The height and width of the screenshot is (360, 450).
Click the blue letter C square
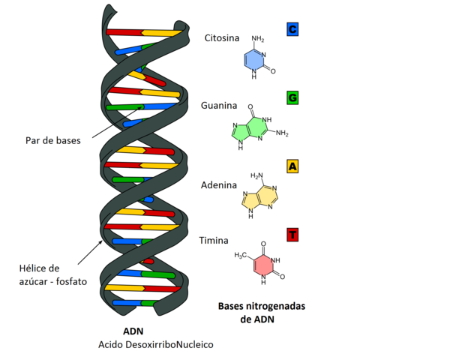[x=293, y=30]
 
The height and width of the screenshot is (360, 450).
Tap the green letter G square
[x=293, y=97]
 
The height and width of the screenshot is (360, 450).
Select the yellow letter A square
[x=293, y=166]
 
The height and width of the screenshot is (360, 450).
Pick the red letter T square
[x=293, y=235]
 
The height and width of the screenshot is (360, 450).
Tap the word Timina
[x=214, y=240]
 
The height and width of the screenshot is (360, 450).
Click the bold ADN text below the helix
[x=133, y=331]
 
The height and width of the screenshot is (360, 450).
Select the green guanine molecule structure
[x=251, y=130]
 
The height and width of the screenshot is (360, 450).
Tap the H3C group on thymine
[x=240, y=256]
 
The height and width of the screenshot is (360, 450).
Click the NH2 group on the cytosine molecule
[x=258, y=38]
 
